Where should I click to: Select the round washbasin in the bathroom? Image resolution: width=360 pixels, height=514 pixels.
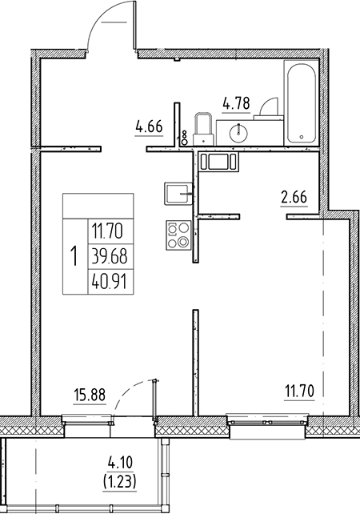(x=239, y=133)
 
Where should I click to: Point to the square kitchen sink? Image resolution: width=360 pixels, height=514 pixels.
(x=177, y=194)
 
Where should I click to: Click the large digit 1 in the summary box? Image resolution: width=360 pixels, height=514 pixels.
(x=74, y=257)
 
